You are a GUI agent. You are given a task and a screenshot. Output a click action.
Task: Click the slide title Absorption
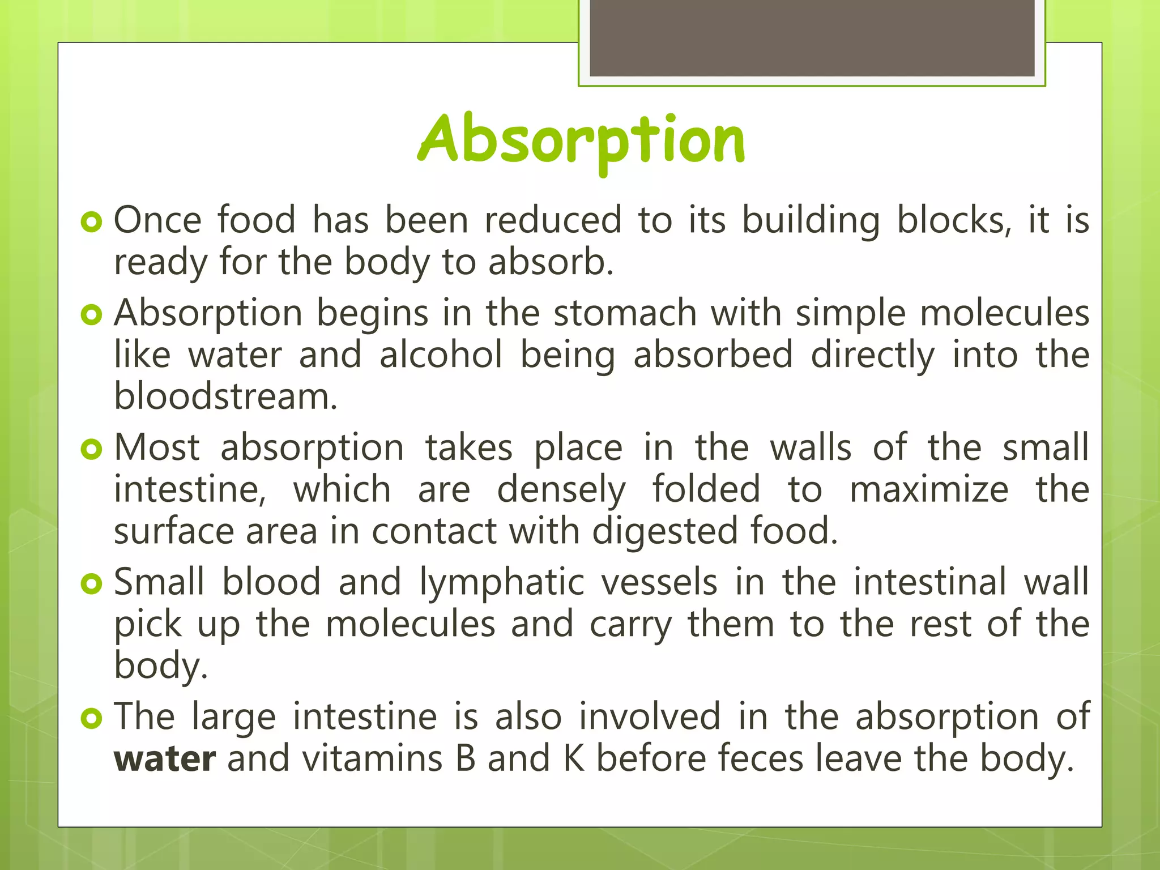point(581,140)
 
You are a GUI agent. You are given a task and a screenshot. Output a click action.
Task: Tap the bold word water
point(164,759)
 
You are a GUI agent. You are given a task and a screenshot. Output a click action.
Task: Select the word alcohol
point(441,355)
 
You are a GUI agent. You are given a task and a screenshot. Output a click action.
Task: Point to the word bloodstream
point(225,396)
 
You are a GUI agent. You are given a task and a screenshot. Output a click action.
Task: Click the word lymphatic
point(502,582)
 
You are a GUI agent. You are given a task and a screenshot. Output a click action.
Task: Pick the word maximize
point(929,489)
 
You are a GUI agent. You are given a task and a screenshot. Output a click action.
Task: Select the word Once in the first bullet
point(157,220)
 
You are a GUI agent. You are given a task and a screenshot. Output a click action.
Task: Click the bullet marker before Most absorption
point(91,450)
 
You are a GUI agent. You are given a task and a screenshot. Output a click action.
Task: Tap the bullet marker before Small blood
point(91,584)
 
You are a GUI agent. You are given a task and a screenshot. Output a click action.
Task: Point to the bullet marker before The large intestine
point(91,719)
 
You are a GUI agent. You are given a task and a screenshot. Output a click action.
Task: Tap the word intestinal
point(929,582)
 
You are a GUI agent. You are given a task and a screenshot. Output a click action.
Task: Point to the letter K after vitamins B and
point(573,759)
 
